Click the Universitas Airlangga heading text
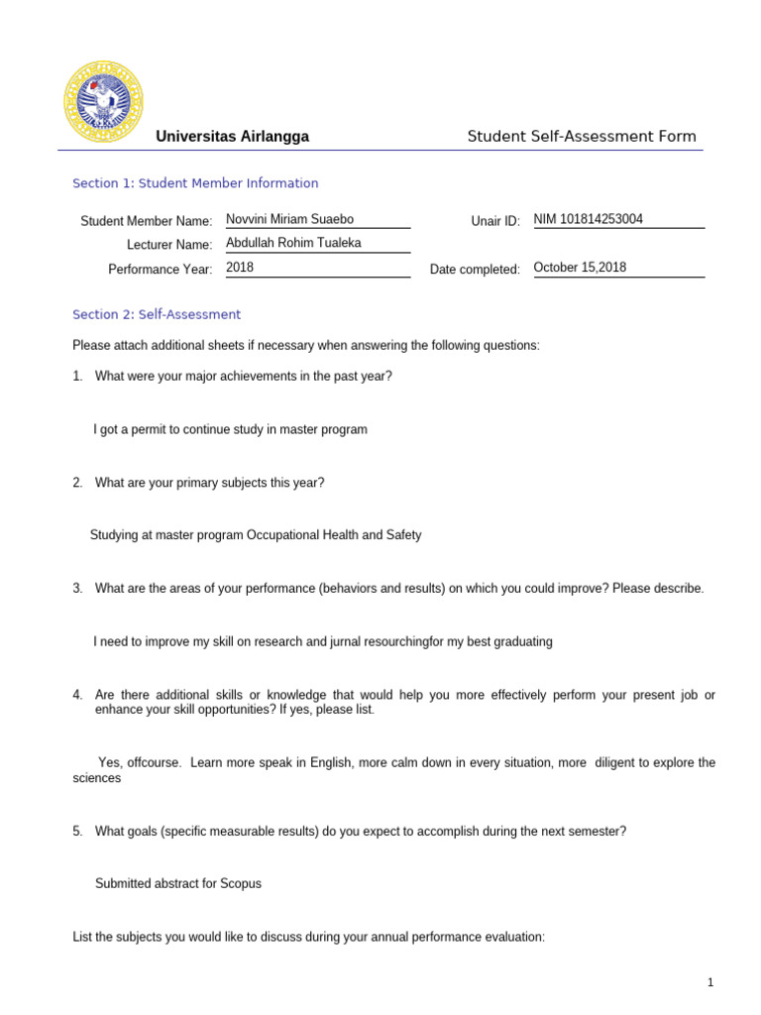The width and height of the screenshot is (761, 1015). (233, 137)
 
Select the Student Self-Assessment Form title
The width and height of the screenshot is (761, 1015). (582, 137)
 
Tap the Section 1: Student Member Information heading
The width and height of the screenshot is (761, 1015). (195, 183)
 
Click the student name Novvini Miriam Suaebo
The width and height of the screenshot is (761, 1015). (289, 220)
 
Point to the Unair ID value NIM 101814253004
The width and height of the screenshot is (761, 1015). (588, 220)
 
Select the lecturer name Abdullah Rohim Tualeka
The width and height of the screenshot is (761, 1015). (294, 244)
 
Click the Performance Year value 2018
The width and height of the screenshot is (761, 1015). (240, 268)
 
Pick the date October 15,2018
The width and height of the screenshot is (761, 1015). (580, 268)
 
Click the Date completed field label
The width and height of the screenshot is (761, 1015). (475, 270)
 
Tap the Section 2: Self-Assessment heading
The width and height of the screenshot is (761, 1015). (157, 315)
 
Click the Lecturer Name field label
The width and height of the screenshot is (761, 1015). (169, 245)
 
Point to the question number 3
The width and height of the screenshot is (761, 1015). (76, 589)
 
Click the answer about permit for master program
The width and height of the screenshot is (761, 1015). (230, 430)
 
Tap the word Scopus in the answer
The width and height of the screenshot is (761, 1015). (241, 883)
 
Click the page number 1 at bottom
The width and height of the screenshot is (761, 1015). (710, 982)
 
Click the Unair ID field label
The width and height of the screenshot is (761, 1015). (495, 221)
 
